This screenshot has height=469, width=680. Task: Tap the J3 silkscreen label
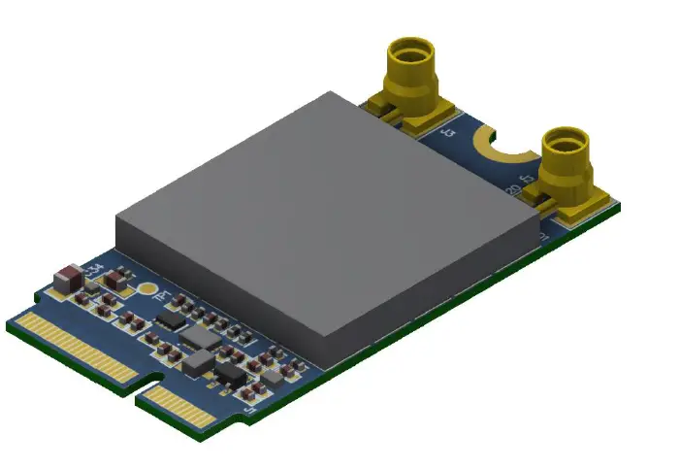[x=447, y=137]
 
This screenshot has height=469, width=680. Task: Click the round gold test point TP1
[x=146, y=287]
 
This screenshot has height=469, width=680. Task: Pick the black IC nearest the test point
[x=170, y=318]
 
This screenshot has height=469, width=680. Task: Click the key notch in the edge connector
[x=142, y=389]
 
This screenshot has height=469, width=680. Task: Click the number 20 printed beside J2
[x=511, y=188]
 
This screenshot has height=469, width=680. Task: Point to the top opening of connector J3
[x=411, y=48]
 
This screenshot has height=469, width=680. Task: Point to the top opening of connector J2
[x=566, y=139]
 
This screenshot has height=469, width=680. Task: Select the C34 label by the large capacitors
[x=94, y=268]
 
